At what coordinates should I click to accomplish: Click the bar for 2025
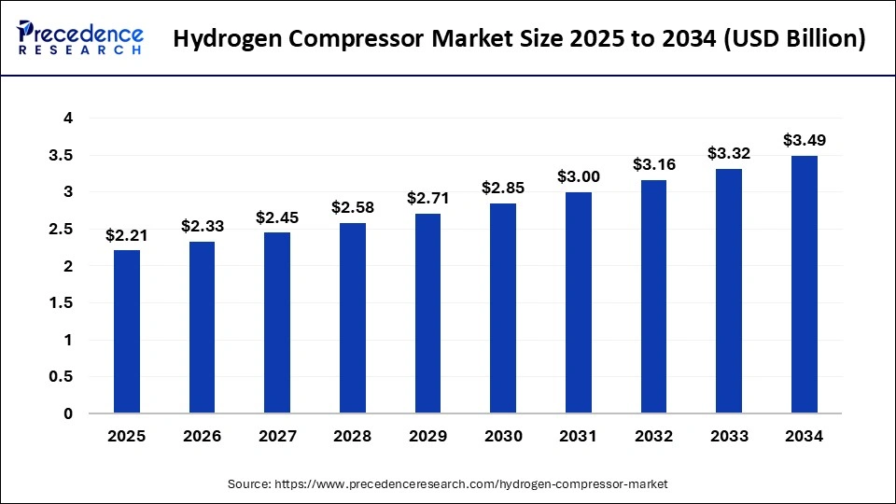point(127,331)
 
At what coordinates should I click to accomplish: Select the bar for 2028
point(353,317)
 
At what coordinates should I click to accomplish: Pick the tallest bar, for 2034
point(805,284)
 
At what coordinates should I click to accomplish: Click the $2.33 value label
point(202,226)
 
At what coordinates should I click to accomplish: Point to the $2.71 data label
point(427,198)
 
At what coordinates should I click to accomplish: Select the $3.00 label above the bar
point(579,176)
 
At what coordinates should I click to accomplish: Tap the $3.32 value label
point(729,153)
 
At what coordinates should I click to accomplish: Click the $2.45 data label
point(277,217)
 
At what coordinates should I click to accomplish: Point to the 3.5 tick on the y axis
point(63,155)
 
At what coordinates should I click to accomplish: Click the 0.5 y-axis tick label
point(63,377)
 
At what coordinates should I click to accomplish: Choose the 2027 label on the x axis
point(277,437)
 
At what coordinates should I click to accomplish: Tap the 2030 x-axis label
point(503,437)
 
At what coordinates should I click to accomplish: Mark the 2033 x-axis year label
point(729,437)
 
